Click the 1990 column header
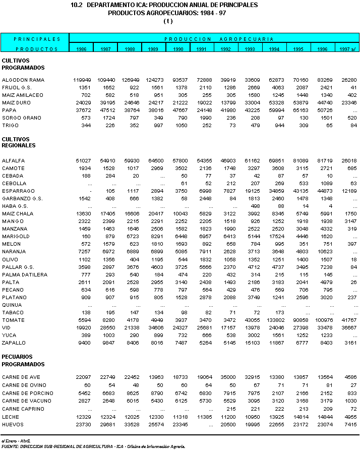(x=177, y=49)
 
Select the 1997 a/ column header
(x=346, y=49)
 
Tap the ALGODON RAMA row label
(x=23, y=80)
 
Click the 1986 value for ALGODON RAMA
(x=81, y=80)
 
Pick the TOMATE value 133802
(x=274, y=320)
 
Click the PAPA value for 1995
(x=298, y=110)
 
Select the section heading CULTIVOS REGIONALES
(x=19, y=142)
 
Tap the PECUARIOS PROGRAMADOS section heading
(x=23, y=360)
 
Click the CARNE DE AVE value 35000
(x=226, y=377)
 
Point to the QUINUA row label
(x=12, y=305)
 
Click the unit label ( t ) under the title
(x=168, y=21)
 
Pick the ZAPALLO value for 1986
(x=83, y=343)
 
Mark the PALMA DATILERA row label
(x=25, y=274)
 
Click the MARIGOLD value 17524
(x=274, y=237)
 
